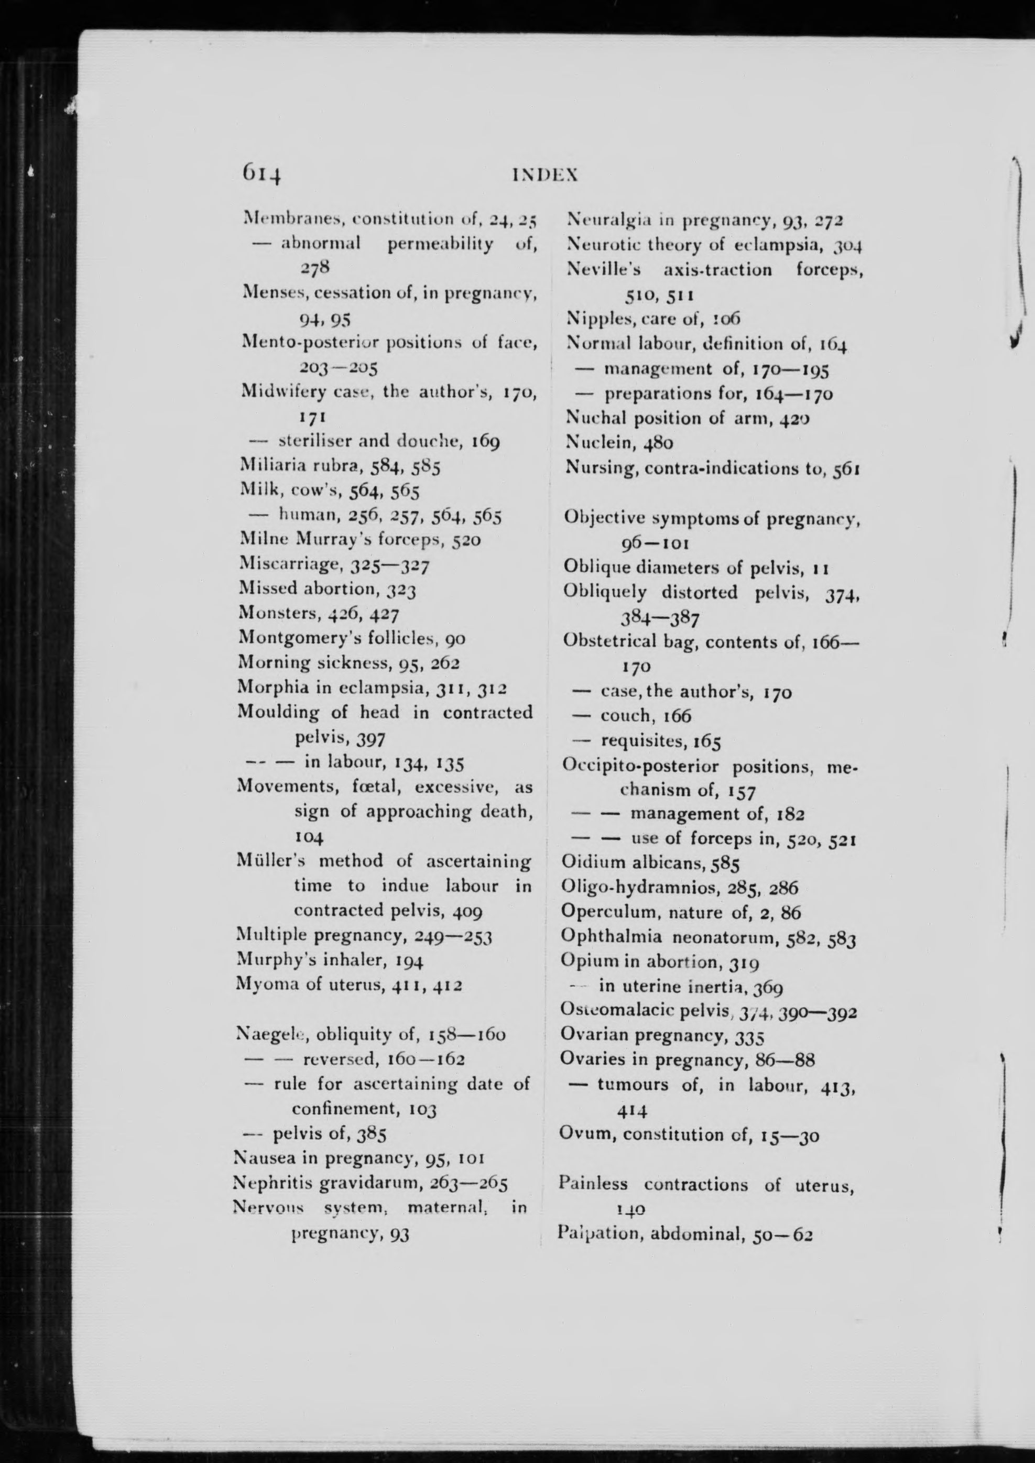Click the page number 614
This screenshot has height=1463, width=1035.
click(260, 173)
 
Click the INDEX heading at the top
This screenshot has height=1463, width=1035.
click(546, 174)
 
